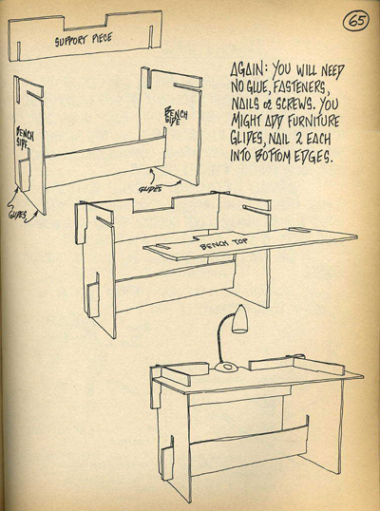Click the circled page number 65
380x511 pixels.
click(x=355, y=21)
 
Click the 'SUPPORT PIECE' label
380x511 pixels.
click(x=84, y=39)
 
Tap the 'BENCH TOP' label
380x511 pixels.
click(x=223, y=243)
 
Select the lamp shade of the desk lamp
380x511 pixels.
click(x=239, y=319)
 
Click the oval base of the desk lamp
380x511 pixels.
click(x=227, y=368)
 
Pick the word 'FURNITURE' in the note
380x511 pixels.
click(x=313, y=122)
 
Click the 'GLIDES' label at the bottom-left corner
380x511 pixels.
click(x=16, y=216)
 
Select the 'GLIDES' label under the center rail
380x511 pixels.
click(x=149, y=189)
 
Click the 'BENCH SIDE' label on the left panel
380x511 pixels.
click(x=25, y=138)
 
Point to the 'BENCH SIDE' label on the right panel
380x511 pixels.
click(x=177, y=116)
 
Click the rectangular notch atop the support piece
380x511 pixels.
click(x=85, y=23)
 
